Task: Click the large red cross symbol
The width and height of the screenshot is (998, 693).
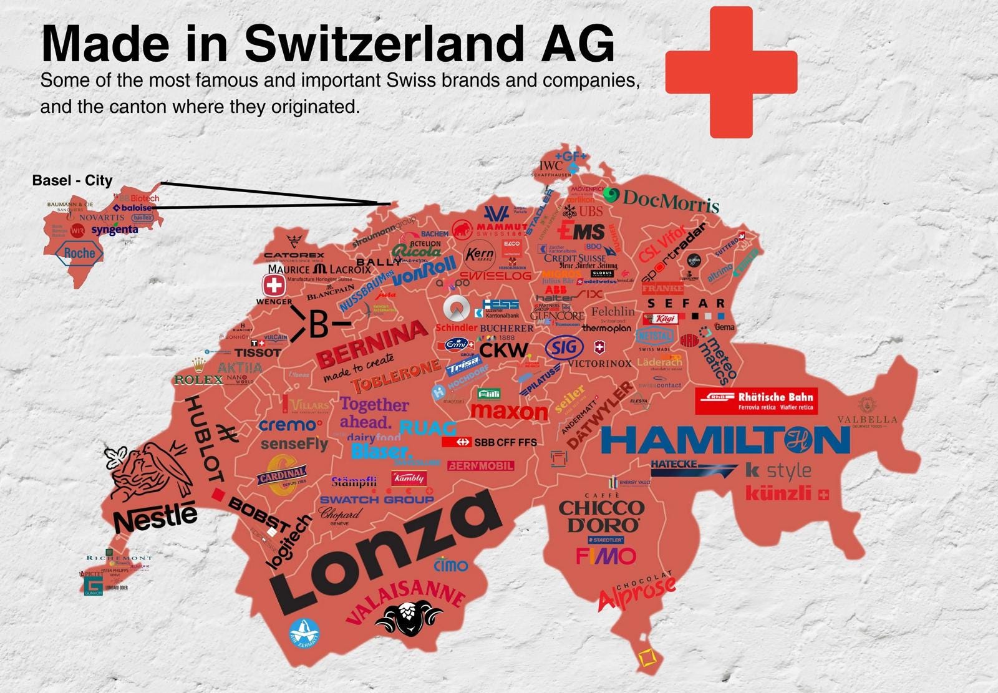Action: [x=731, y=72]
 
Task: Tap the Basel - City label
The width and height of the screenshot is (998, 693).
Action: [x=72, y=181]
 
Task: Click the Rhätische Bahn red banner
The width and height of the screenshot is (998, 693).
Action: [x=756, y=401]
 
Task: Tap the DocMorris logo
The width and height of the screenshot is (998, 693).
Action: [x=661, y=200]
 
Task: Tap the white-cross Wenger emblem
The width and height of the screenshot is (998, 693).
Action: [x=273, y=286]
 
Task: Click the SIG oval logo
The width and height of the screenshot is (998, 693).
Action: [x=564, y=348]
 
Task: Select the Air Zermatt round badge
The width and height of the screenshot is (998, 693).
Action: [x=304, y=632]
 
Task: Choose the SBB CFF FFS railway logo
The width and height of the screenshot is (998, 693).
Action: [x=489, y=442]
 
